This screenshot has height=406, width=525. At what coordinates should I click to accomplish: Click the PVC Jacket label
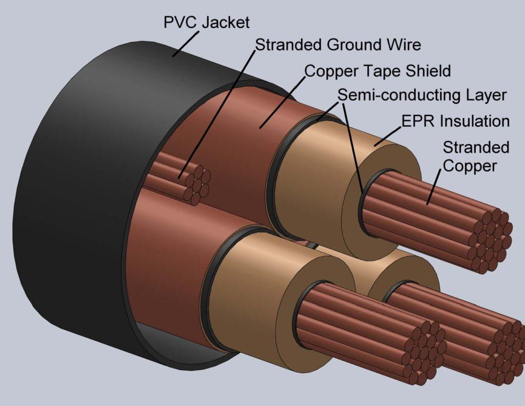click(206, 23)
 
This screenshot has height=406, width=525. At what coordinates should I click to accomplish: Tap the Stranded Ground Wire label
click(338, 45)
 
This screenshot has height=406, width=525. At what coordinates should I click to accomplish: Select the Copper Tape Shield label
click(377, 71)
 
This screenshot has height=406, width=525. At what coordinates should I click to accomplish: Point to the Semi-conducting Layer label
click(422, 95)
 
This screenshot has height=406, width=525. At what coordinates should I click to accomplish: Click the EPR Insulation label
click(455, 121)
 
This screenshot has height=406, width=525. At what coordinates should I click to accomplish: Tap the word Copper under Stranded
click(470, 166)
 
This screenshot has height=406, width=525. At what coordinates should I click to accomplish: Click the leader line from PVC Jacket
click(186, 44)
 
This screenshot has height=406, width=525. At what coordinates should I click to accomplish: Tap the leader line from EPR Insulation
click(388, 137)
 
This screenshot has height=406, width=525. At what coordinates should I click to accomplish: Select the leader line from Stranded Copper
click(434, 187)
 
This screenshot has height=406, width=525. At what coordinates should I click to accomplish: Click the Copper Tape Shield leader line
click(283, 103)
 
